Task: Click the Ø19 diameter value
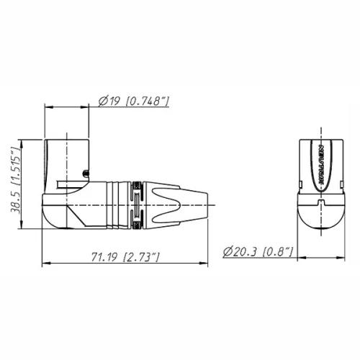click(x=109, y=101)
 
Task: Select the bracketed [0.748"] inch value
click(x=147, y=101)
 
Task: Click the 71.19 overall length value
click(x=105, y=256)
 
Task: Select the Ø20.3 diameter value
click(x=241, y=251)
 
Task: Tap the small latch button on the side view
click(x=86, y=172)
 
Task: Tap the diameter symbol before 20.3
click(x=227, y=251)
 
